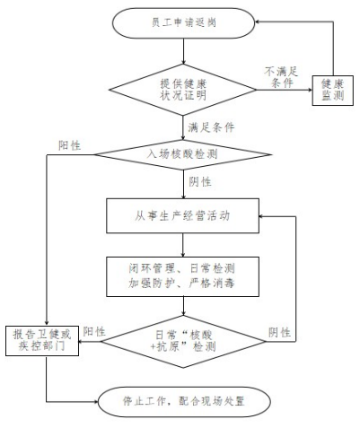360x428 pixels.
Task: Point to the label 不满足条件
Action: tap(281, 77)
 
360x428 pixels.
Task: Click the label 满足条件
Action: tap(211, 127)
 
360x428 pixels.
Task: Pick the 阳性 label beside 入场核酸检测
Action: tap(69, 145)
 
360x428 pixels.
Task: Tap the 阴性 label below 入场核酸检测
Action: tap(200, 181)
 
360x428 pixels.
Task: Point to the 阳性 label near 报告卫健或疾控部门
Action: tap(94, 331)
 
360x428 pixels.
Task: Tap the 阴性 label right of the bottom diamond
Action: tap(279, 332)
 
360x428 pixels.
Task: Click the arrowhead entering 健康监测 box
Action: tap(310, 90)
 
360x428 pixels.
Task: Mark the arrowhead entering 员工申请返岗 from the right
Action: tap(258, 22)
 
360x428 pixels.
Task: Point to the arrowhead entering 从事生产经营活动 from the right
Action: tap(262, 216)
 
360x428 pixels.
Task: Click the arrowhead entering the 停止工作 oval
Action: tap(95, 402)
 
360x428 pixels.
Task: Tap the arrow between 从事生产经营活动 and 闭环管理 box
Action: tap(183, 245)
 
